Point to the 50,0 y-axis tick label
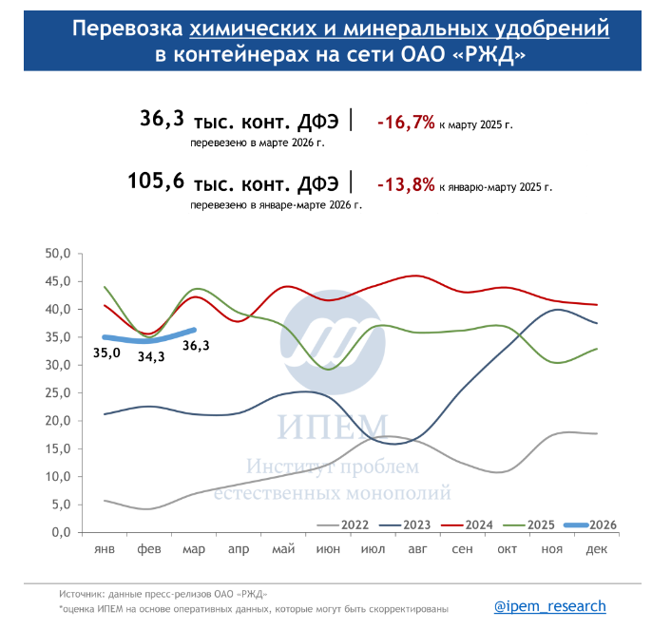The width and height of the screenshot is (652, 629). [x=59, y=254]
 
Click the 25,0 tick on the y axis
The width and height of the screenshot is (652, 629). [x=59, y=393]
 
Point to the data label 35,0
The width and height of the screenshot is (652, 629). [x=106, y=353]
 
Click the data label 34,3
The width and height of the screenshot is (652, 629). [x=152, y=357]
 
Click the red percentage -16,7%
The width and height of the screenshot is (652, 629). [x=406, y=123]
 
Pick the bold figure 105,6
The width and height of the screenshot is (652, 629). [x=155, y=181]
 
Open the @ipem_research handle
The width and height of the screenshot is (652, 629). [x=549, y=606]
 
